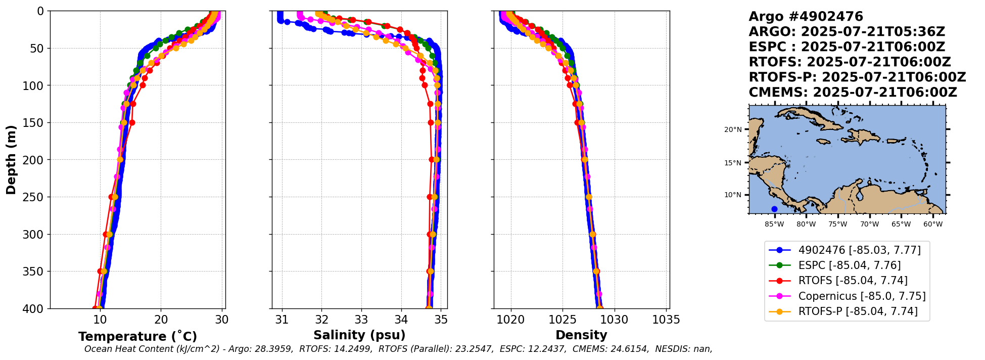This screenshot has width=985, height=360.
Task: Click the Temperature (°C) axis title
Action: [137, 337]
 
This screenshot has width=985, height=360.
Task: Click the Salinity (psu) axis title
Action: [359, 335]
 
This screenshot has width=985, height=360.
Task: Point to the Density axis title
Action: [581, 335]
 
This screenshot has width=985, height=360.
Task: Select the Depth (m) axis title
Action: [11, 160]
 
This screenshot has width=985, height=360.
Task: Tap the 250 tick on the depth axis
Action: [37, 197]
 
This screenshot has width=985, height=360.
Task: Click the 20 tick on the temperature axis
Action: [161, 320]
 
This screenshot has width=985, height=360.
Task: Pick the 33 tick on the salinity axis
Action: [361, 320]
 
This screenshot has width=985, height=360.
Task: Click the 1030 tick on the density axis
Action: [614, 320]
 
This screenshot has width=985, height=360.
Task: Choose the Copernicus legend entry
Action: [862, 296]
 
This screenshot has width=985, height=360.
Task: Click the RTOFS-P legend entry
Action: [858, 311]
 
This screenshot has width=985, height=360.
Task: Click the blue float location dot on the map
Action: [774, 209]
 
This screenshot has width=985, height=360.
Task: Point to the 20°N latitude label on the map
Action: [733, 129]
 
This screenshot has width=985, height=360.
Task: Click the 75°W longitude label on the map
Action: [837, 223]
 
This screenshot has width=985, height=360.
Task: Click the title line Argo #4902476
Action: [806, 17]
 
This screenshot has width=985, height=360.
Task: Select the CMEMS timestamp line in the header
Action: [853, 93]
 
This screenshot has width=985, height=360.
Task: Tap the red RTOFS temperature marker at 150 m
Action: [132, 122]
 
